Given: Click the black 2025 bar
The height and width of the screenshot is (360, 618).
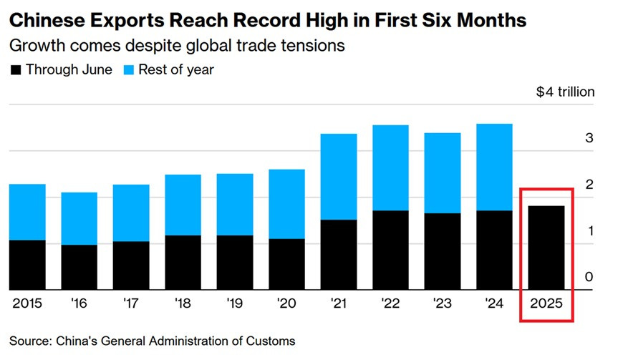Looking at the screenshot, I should tap(546, 248).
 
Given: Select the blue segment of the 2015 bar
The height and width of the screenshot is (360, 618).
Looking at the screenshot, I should tap(27, 212).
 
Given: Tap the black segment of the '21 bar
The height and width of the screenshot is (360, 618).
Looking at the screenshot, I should tap(339, 254).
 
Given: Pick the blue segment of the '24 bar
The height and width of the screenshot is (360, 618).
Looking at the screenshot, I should tap(494, 167).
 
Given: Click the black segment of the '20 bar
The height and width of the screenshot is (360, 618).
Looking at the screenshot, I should tap(286, 264).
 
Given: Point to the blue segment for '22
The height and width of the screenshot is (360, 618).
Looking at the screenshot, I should tap(390, 167).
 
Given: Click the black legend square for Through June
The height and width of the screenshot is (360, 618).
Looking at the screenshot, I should tap(15, 70).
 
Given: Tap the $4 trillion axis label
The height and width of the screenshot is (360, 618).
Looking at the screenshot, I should tap(565, 92).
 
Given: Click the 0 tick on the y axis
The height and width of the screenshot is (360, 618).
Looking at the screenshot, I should tap(589, 277).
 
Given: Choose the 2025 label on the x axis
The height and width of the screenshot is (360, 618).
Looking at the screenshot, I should tap(546, 303).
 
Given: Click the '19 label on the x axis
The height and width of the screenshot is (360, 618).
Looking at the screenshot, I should tap(235, 303).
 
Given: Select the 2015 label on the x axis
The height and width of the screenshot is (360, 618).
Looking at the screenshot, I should tap(27, 303).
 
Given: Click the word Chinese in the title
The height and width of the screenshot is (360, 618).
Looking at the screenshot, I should tap(44, 19).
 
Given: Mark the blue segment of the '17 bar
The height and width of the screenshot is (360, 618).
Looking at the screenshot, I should tap(131, 213).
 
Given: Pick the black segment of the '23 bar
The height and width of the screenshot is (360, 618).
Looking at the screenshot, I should tap(443, 251).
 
